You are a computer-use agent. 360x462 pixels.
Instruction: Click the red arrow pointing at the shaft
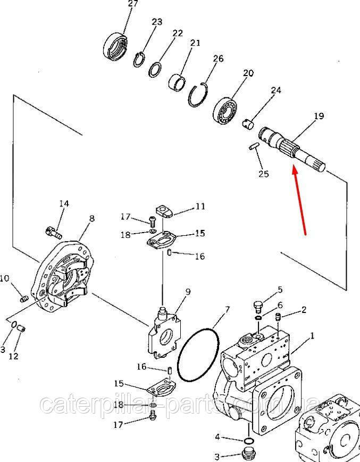tap(299, 200)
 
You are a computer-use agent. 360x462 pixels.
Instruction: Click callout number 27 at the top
tap(133, 4)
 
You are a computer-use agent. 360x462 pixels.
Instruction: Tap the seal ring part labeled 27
tap(115, 47)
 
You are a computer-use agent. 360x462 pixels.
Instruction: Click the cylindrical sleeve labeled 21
tap(177, 82)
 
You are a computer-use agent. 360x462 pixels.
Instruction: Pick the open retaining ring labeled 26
tap(197, 96)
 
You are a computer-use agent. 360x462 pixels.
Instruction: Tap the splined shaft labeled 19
tap(292, 147)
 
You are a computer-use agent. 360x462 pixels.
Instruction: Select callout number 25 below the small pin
tap(264, 174)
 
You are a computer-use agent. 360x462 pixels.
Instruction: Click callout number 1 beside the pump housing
tap(312, 336)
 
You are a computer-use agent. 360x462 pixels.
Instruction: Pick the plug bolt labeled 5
tap(258, 308)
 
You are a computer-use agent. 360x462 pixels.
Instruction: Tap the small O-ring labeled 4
tap(249, 441)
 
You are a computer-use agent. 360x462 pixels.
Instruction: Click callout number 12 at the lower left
tap(13, 356)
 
